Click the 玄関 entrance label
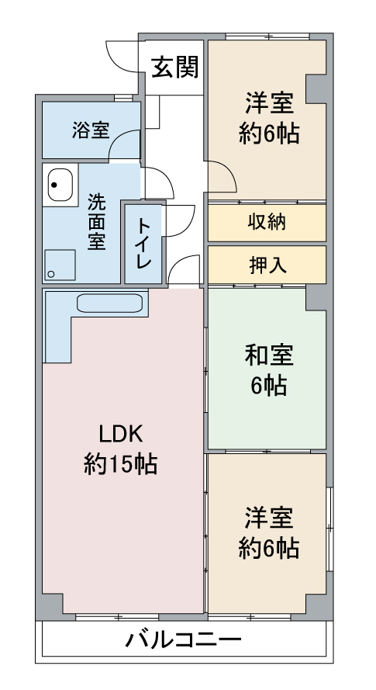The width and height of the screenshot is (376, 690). coord(174,68)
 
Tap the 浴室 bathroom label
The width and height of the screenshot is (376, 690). coord(91,130)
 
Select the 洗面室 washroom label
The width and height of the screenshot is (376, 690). coord(96,222)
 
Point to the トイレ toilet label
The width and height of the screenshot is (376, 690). coord(144,242)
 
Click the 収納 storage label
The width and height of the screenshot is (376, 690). coord(267,222)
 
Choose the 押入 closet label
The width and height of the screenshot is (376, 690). coord(267,265)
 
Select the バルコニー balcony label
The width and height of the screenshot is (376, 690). coord(183,641)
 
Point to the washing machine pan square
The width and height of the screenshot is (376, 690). coord(60,265)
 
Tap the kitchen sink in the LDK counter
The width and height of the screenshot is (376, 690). coord(110,303)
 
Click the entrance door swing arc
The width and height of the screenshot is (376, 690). coord(120,54)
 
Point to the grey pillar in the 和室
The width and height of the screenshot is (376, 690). coord(316,296)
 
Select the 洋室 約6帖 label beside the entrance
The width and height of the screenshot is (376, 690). coord(268,118)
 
